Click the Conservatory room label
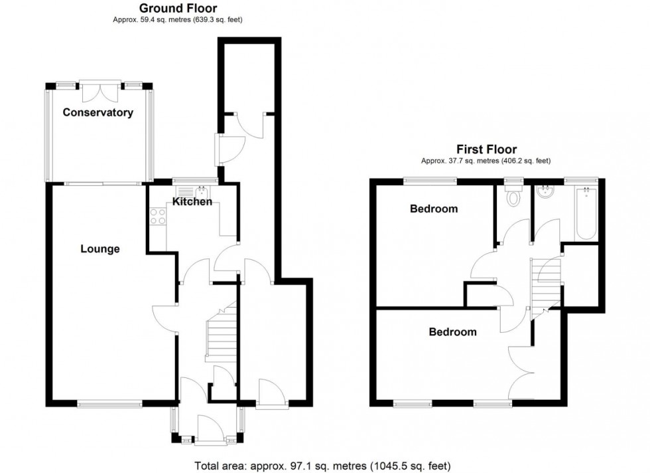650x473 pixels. [x=97, y=113]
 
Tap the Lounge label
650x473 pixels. [x=100, y=249]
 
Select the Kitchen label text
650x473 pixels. [x=192, y=201]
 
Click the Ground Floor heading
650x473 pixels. [x=177, y=8]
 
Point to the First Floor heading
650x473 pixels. [x=486, y=149]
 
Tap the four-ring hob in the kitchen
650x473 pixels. [x=159, y=217]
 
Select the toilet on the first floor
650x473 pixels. [x=512, y=197]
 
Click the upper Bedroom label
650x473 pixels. [x=434, y=209]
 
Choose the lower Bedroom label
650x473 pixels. [x=452, y=331]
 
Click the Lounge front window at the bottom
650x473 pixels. [x=109, y=403]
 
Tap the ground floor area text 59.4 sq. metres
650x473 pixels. [x=177, y=20]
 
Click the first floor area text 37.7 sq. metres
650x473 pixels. [x=486, y=161]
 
